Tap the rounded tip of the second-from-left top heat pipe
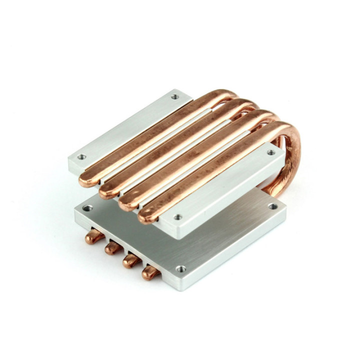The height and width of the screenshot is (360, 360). [107, 191]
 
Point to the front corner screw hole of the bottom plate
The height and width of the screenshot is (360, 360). [180, 269]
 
